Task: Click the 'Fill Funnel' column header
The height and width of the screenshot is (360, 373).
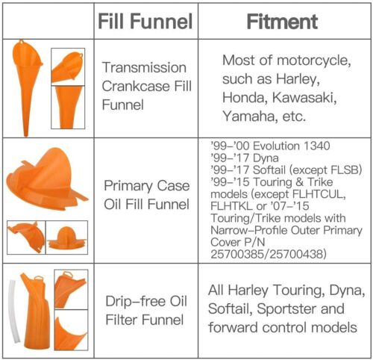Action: [145, 22]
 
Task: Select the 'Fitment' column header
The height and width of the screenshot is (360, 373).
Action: [282, 22]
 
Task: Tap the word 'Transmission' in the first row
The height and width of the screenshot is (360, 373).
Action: [144, 68]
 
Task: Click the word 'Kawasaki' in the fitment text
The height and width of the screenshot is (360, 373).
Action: [304, 97]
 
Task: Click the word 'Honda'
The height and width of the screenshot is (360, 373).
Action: [243, 97]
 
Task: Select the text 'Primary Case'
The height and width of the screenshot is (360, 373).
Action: [147, 186]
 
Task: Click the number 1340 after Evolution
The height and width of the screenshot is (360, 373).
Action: [316, 146]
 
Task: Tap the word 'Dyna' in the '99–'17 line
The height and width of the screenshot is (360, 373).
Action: [266, 158]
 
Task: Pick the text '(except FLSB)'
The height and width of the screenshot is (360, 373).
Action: [325, 170]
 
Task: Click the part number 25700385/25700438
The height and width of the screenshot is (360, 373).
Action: [269, 254]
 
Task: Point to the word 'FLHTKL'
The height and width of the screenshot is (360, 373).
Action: [231, 206]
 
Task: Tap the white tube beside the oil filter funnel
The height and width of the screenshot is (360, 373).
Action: [14, 311]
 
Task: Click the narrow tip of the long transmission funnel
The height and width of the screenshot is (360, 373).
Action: [26, 134]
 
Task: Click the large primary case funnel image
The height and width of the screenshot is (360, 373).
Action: [46, 180]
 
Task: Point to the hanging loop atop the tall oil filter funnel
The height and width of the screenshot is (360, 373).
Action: [38, 277]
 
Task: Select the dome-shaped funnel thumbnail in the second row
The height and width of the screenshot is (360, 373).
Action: [67, 238]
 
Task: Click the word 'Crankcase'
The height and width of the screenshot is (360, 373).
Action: [136, 86]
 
